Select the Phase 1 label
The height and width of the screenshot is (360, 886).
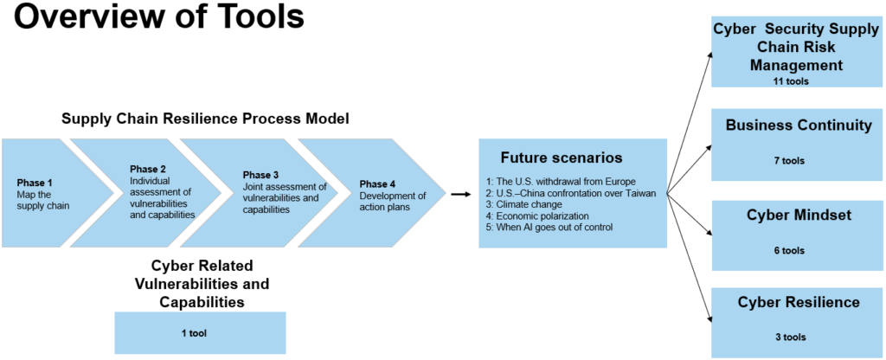[35, 183]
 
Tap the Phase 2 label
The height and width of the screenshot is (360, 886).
[148, 169]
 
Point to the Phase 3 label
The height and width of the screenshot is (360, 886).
[261, 175]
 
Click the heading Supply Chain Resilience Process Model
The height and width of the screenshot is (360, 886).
[205, 119]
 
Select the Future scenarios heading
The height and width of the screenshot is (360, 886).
[561, 158]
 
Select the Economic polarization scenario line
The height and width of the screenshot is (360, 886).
[537, 215]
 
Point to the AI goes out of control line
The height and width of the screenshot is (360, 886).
[549, 227]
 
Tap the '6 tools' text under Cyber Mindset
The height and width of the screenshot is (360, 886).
[789, 251]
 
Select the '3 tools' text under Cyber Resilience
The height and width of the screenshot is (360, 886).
[789, 337]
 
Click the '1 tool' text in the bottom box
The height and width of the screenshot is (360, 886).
[200, 332]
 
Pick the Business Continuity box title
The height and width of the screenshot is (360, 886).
[799, 126]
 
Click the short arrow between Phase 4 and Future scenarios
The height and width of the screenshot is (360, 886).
[461, 195]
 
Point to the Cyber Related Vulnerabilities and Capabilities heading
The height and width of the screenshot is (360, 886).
[202, 283]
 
